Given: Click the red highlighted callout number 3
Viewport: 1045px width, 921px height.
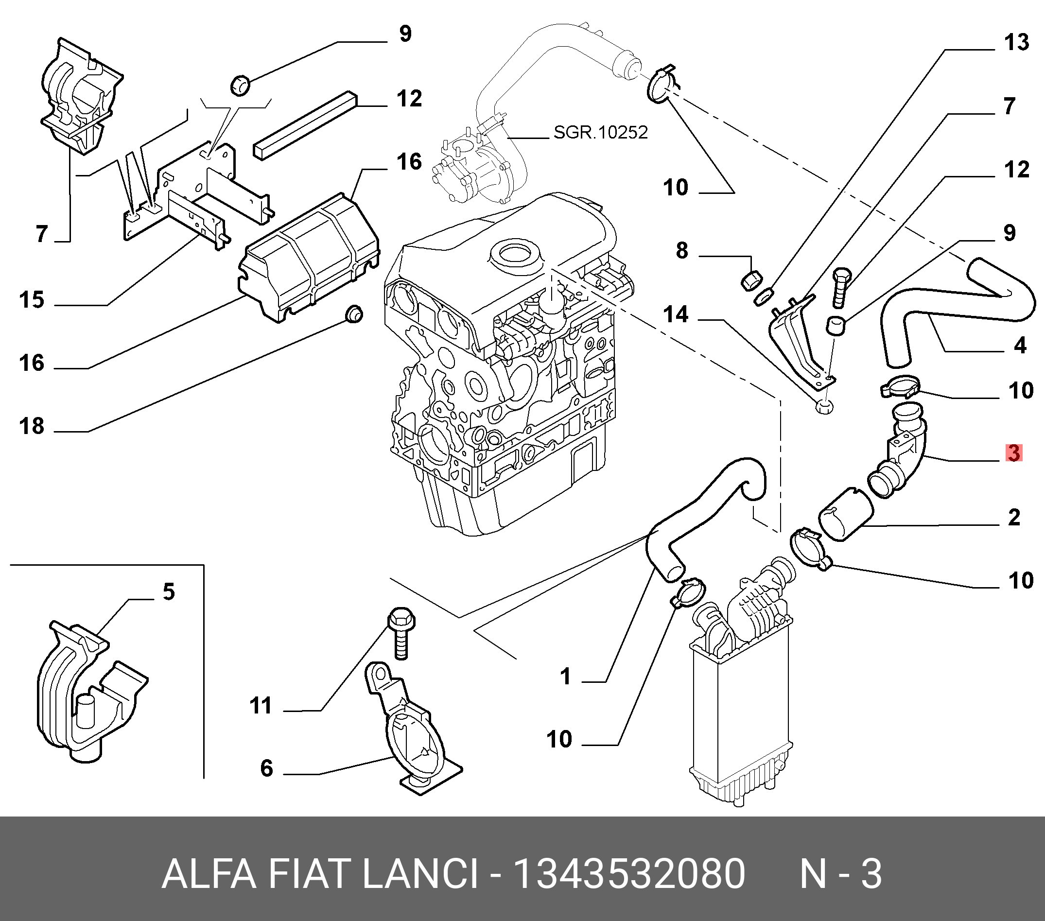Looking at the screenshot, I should [1014, 453].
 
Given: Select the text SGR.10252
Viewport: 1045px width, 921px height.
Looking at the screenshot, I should [600, 133].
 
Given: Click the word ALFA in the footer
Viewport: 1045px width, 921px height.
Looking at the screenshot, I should [209, 874].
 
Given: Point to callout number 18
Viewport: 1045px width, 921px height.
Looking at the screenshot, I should [32, 426].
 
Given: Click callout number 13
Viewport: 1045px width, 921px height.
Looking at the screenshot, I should [1016, 42].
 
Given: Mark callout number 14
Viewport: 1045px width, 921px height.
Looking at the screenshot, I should [676, 314].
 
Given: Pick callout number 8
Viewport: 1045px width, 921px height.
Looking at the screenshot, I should [682, 250].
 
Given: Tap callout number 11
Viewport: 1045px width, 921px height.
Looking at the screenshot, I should [261, 706].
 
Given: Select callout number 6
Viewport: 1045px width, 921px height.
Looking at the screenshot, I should [267, 768].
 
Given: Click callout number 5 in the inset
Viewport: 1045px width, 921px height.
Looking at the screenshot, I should [169, 591].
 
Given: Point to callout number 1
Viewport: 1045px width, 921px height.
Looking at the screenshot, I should [565, 677].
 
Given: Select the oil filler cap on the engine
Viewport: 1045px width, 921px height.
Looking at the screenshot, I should [515, 254].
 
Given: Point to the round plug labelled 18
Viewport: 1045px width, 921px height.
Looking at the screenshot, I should [354, 313].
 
